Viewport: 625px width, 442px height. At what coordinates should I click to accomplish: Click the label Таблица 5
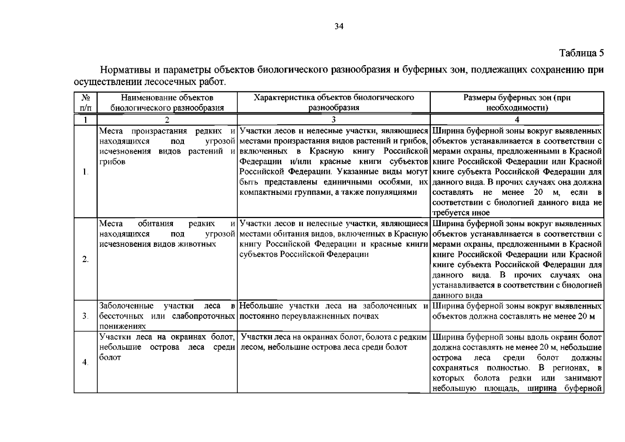(582, 53)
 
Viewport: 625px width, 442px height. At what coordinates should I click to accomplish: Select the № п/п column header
(85, 103)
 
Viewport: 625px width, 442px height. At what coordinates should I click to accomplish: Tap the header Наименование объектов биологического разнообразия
(167, 103)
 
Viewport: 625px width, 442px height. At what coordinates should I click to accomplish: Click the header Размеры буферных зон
(517, 103)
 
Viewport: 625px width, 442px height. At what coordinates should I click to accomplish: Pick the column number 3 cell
(334, 120)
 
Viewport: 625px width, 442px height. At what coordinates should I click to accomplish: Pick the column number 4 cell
(517, 120)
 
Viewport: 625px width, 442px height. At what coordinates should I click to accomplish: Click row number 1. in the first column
(85, 172)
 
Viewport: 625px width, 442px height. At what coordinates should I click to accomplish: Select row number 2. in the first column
(85, 259)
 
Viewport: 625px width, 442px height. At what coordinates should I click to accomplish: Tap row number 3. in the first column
(85, 316)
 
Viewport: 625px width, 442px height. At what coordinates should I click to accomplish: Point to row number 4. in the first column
(85, 362)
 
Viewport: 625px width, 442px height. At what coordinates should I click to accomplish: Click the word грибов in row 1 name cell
(112, 162)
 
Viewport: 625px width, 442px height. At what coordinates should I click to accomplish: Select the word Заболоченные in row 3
(126, 306)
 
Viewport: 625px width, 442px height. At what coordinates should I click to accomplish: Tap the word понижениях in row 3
(123, 326)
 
